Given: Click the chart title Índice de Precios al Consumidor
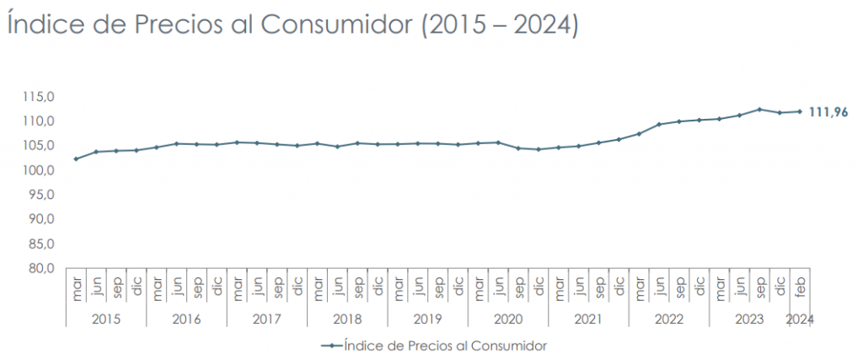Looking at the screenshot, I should (x=292, y=24).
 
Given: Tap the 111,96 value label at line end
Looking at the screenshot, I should (x=828, y=112).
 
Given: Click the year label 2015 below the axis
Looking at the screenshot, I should (x=106, y=320).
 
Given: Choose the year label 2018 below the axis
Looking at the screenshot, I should (x=347, y=320).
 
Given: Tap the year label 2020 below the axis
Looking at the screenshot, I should (x=508, y=320).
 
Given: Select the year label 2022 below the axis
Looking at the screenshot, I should (x=668, y=320).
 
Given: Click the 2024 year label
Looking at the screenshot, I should (x=800, y=320).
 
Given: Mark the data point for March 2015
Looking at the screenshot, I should (x=77, y=159).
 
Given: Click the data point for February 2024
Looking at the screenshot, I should (x=800, y=111).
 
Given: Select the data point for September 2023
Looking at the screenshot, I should (x=759, y=110).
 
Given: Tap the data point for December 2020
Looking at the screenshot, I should (x=539, y=149).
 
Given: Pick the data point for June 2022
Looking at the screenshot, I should (x=659, y=124).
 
